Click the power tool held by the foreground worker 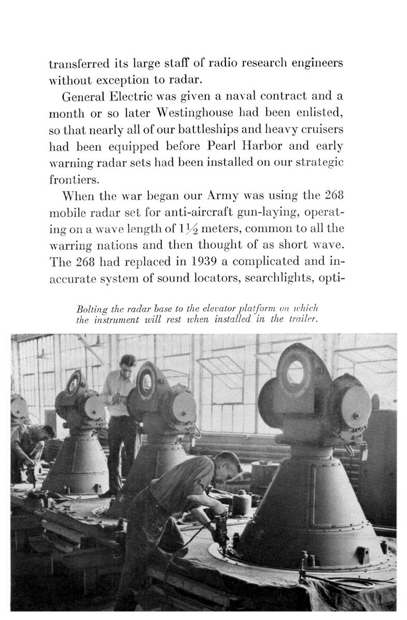click(x=219, y=529)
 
